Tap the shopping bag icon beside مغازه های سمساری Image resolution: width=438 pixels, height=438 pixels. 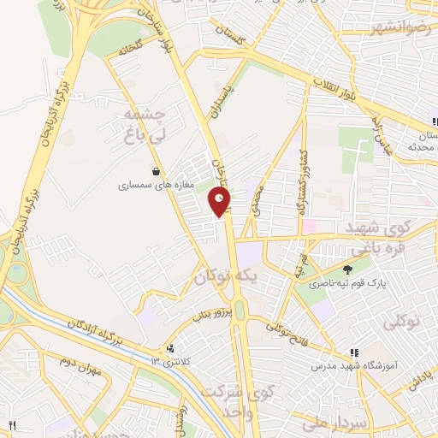(154, 171)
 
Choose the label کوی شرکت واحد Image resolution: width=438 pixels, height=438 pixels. (232, 401)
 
